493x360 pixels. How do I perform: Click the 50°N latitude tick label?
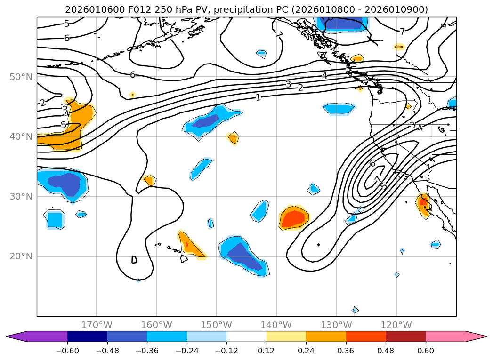[22, 77]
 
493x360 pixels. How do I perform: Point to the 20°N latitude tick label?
[22, 256]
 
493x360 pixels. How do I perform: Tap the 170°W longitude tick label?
[97, 325]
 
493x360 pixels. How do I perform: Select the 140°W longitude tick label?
[276, 325]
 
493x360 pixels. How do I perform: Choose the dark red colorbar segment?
[405, 336]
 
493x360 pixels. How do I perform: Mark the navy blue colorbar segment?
[87, 336]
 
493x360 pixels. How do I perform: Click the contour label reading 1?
[258, 97]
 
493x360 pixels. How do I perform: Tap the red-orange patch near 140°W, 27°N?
[294, 218]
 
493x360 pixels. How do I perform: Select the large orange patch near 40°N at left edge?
[66, 132]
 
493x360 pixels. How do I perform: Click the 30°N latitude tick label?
[22, 197]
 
